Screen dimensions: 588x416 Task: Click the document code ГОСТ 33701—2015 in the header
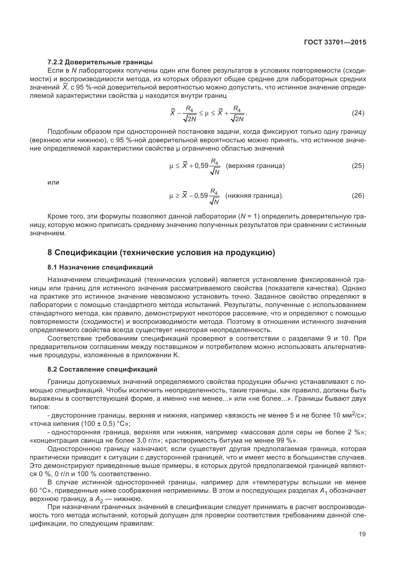click(335, 42)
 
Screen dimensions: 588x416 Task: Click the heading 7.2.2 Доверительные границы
click(100, 62)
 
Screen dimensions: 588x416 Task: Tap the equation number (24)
click(358, 113)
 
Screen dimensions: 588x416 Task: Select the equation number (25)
click(358, 166)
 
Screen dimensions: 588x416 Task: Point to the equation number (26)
click(358, 196)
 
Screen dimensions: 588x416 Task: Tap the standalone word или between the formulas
click(53, 182)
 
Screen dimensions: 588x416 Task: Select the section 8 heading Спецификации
click(161, 252)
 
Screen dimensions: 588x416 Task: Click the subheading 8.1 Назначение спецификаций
click(100, 267)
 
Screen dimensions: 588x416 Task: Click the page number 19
click(362, 534)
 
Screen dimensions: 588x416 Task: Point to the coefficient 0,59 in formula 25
click(201, 166)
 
